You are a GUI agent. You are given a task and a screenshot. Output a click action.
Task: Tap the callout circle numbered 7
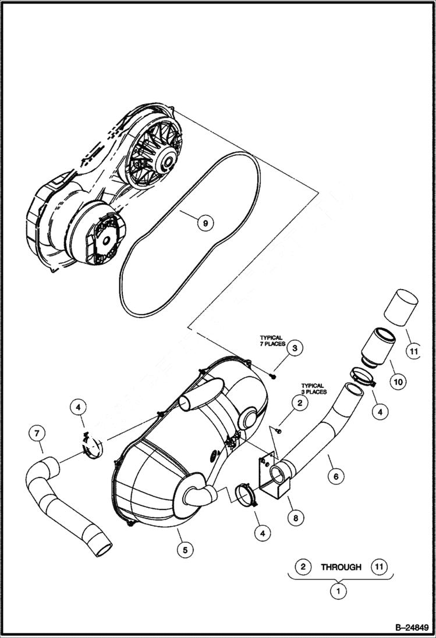point(37,433)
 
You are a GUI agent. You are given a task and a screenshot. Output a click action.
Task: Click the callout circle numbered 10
point(400,382)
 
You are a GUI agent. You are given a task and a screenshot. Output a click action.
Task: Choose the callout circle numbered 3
point(295,348)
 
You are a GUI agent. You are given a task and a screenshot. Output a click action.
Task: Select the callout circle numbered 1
point(337,592)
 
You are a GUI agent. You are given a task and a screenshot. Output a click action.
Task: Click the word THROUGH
point(341,566)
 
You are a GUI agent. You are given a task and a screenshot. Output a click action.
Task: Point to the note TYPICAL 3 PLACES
point(313,388)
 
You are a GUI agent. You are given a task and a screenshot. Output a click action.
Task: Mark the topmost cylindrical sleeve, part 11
point(402,306)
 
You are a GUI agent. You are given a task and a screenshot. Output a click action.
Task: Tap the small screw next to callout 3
point(274,376)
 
